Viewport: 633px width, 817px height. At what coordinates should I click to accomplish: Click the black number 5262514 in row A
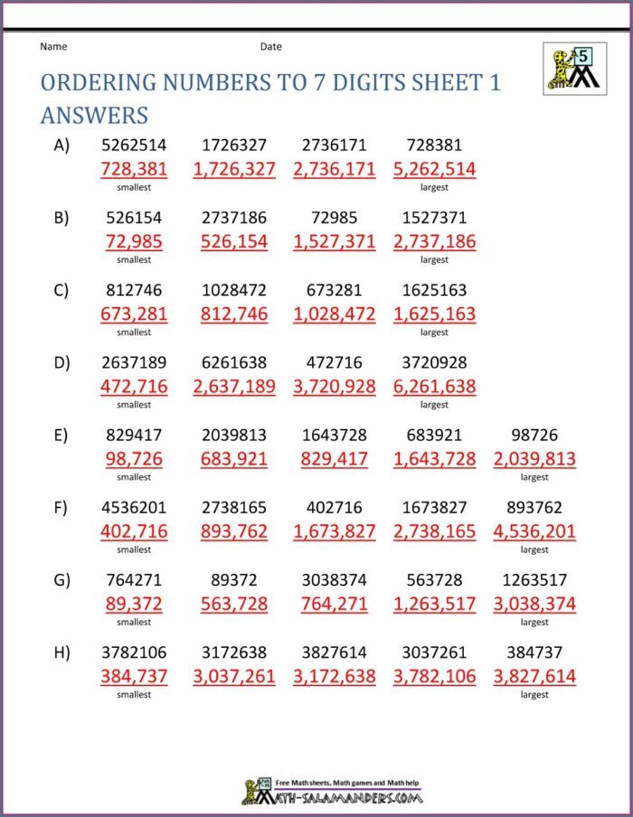[134, 145]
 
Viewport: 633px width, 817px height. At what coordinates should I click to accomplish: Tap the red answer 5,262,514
[434, 169]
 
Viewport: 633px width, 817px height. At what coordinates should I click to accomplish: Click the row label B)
[61, 218]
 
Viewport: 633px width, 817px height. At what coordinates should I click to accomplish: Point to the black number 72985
[335, 218]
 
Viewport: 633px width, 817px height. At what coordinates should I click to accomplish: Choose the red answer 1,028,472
[335, 315]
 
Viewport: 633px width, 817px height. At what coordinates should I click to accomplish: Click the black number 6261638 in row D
[234, 362]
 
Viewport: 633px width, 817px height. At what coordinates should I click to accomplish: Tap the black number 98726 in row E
[534, 435]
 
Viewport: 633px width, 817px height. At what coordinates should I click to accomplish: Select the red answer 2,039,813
[534, 459]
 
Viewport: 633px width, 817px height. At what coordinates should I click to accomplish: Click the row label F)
[61, 507]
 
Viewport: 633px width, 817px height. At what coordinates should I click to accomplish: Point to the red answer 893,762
[234, 531]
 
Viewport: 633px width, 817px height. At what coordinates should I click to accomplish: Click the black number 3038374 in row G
[335, 579]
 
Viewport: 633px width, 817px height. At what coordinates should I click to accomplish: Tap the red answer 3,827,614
[534, 676]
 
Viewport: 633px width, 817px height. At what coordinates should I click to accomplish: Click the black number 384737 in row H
[534, 652]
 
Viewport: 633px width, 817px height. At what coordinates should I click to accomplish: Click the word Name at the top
[53, 46]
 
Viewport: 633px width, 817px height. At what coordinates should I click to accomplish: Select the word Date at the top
[271, 46]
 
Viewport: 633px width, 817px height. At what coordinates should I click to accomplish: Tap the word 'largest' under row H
[534, 695]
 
